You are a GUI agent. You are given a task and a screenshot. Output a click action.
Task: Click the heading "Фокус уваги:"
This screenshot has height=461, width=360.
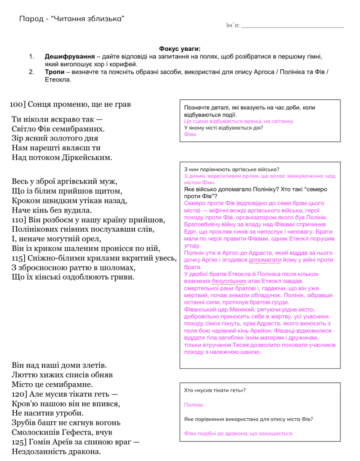point(180,49)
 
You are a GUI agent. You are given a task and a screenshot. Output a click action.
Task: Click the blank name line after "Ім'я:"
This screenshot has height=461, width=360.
point(292,26)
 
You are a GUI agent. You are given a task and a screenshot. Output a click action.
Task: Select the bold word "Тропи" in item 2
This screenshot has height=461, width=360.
point(54,72)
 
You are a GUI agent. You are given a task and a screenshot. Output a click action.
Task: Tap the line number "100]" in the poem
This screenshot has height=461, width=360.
point(18,104)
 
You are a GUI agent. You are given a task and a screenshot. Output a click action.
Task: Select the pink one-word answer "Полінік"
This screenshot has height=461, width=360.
point(193,405)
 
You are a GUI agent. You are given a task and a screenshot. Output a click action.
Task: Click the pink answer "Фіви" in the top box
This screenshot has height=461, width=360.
point(190,134)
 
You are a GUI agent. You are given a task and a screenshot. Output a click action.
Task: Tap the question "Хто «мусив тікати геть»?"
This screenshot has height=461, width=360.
point(215,390)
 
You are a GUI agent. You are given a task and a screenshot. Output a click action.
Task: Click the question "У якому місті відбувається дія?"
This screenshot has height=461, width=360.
point(224,127)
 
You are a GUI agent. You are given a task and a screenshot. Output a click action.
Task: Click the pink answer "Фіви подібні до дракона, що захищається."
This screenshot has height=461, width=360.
point(238,433)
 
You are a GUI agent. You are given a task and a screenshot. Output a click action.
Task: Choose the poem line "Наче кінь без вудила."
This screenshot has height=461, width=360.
point(51,210)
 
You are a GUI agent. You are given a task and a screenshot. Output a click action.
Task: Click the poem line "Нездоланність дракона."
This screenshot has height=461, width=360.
point(56,452)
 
